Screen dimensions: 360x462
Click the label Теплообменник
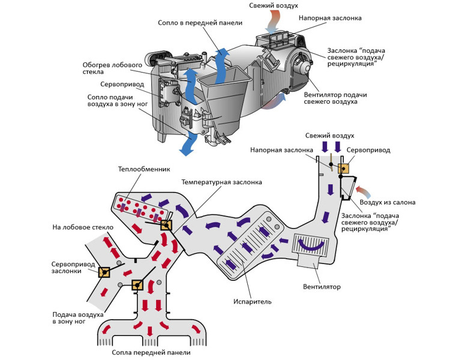[144, 170]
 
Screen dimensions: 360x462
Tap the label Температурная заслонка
[221, 182]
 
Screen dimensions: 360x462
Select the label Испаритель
[252, 301]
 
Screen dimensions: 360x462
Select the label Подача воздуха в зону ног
[78, 318]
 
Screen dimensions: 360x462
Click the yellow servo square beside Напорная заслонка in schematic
[344, 169]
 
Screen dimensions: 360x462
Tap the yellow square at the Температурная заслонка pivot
[166, 225]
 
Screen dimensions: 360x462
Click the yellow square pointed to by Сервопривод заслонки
[104, 272]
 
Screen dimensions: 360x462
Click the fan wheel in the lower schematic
[311, 245]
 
